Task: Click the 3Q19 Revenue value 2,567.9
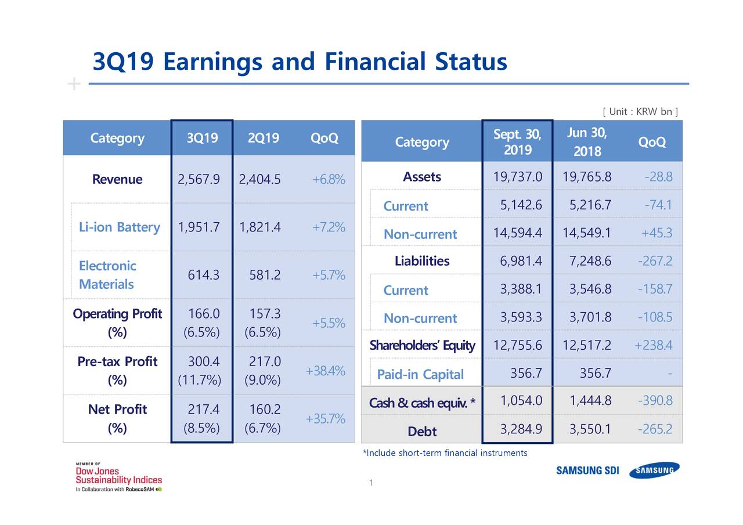click(x=199, y=179)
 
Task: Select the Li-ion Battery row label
click(x=119, y=227)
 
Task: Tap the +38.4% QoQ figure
click(x=325, y=371)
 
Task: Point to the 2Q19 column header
click(x=263, y=138)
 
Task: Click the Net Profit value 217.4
click(x=203, y=410)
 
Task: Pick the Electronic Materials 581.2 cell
click(x=265, y=275)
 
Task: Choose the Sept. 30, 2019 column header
click(x=517, y=142)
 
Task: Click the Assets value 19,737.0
click(x=518, y=177)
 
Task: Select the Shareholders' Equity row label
click(x=422, y=346)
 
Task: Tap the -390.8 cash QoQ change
click(x=655, y=401)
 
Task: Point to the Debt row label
click(x=422, y=431)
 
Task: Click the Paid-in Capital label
click(x=420, y=375)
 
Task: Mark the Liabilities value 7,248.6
click(x=587, y=262)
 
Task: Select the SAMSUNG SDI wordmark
click(x=587, y=470)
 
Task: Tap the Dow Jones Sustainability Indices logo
click(x=119, y=476)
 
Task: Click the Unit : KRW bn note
click(x=641, y=111)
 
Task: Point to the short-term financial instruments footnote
click(x=445, y=452)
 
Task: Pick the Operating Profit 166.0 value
click(x=203, y=314)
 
